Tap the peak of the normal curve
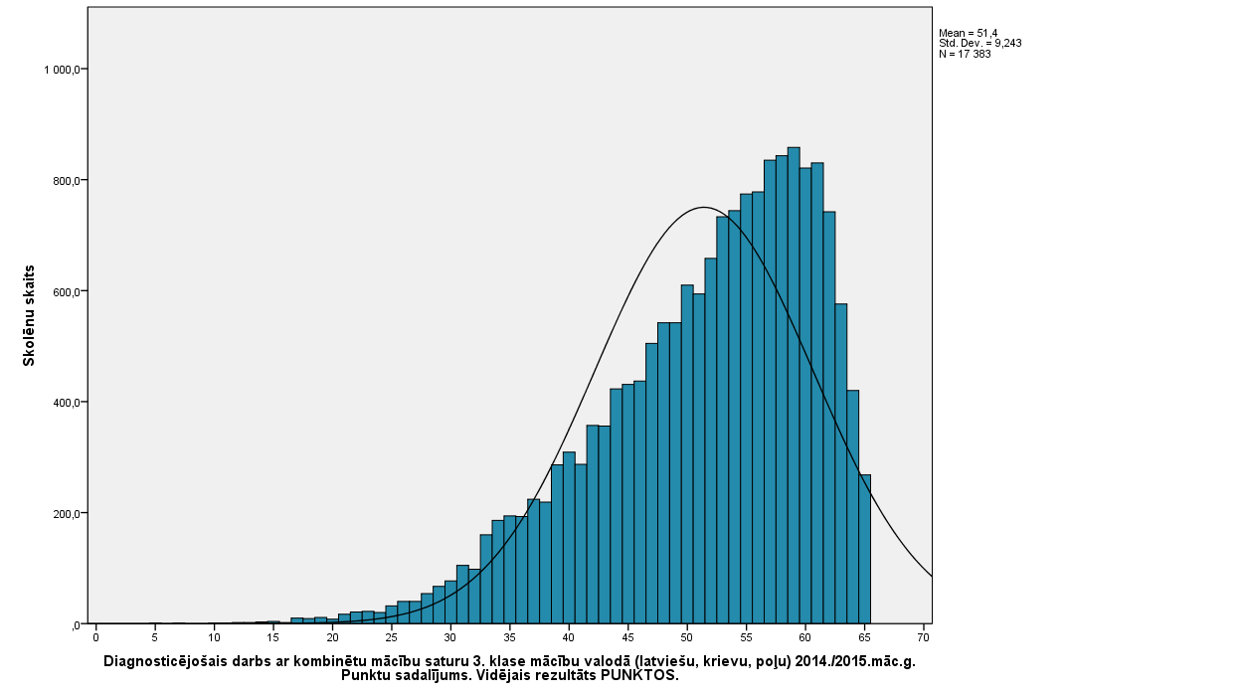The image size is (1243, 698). [x=703, y=208]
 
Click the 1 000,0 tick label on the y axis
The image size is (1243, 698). [x=62, y=70]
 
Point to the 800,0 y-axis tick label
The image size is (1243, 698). [x=66, y=181]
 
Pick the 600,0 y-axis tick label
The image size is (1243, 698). [x=66, y=291]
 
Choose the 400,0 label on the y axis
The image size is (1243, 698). [x=66, y=403]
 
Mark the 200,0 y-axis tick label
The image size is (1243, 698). [x=66, y=514]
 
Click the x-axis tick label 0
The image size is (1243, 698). [x=95, y=637]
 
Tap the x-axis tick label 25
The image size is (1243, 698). [x=391, y=637]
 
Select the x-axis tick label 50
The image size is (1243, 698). [x=686, y=637]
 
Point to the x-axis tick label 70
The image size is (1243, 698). [x=923, y=637]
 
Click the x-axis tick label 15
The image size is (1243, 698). [x=272, y=637]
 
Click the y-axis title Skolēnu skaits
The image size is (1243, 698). [x=30, y=315]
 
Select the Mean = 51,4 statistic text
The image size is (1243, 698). [x=968, y=34]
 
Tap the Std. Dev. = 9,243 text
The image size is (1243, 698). [x=979, y=44]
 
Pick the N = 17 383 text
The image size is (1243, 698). [x=965, y=54]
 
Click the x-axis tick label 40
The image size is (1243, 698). [x=568, y=637]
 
